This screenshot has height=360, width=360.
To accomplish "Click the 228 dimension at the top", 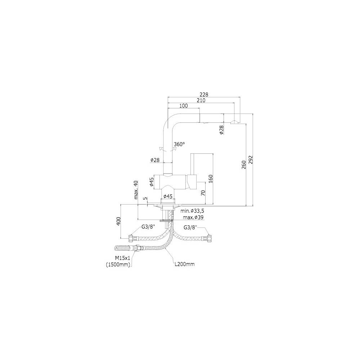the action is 204,94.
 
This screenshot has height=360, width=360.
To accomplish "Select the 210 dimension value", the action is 201,100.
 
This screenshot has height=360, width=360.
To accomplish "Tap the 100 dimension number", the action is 184,105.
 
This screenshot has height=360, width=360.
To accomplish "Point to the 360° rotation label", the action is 179,144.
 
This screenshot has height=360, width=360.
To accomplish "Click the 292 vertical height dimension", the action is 251,160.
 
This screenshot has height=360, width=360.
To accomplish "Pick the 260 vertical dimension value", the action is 244,165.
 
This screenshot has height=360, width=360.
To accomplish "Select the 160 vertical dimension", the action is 211,179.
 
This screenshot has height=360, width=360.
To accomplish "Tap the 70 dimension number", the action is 203,193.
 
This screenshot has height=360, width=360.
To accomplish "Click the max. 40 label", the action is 136,190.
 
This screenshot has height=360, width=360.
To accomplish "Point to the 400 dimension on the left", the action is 118,221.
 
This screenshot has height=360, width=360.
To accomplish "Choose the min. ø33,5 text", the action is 192,211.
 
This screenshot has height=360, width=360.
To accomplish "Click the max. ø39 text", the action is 193,217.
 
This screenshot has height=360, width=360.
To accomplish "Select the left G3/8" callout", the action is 148,227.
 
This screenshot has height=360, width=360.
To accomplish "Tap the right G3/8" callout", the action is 190,227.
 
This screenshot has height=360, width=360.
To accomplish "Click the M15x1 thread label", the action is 123,258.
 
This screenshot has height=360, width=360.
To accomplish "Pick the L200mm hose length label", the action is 185,264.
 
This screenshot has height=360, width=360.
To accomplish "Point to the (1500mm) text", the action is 118,265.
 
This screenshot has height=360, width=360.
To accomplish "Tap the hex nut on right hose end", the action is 209,239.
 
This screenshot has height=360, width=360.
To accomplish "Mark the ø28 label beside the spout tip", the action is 221,130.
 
